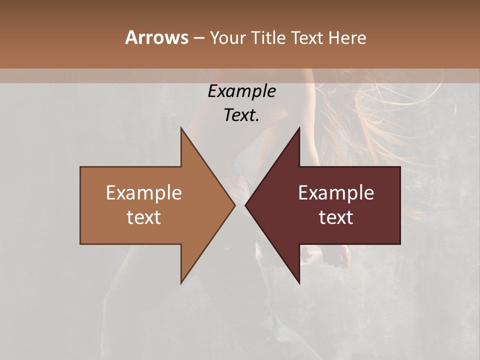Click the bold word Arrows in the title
156,37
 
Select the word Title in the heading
269,38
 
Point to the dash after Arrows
198,38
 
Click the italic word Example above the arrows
242,91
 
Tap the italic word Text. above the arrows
242,115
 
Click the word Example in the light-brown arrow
144,193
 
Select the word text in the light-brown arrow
144,217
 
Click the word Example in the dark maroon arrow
336,193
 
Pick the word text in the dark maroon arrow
336,217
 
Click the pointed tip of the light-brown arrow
234,205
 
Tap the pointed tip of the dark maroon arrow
246,205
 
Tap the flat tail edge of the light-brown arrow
81,205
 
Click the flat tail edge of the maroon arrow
399,205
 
